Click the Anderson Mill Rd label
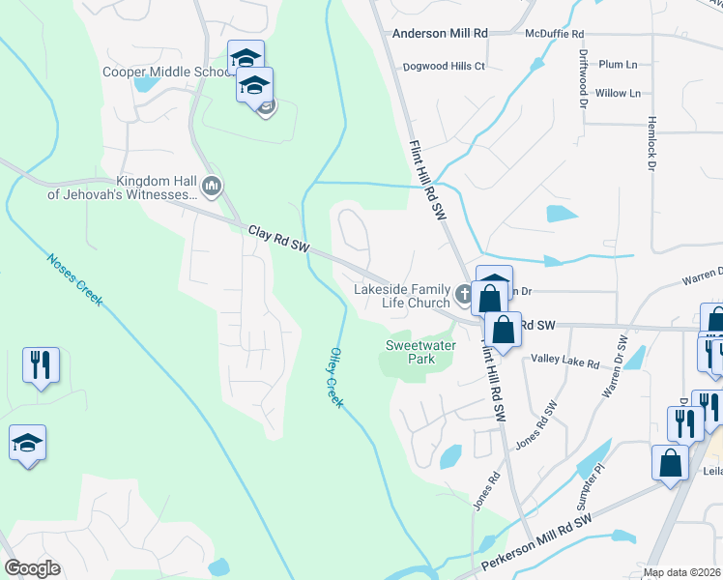click(440, 33)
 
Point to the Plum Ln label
click(618, 65)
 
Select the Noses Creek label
click(74, 281)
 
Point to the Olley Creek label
click(334, 376)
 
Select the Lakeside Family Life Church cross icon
click(463, 292)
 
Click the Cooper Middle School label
click(165, 72)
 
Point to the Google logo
click(32, 567)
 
